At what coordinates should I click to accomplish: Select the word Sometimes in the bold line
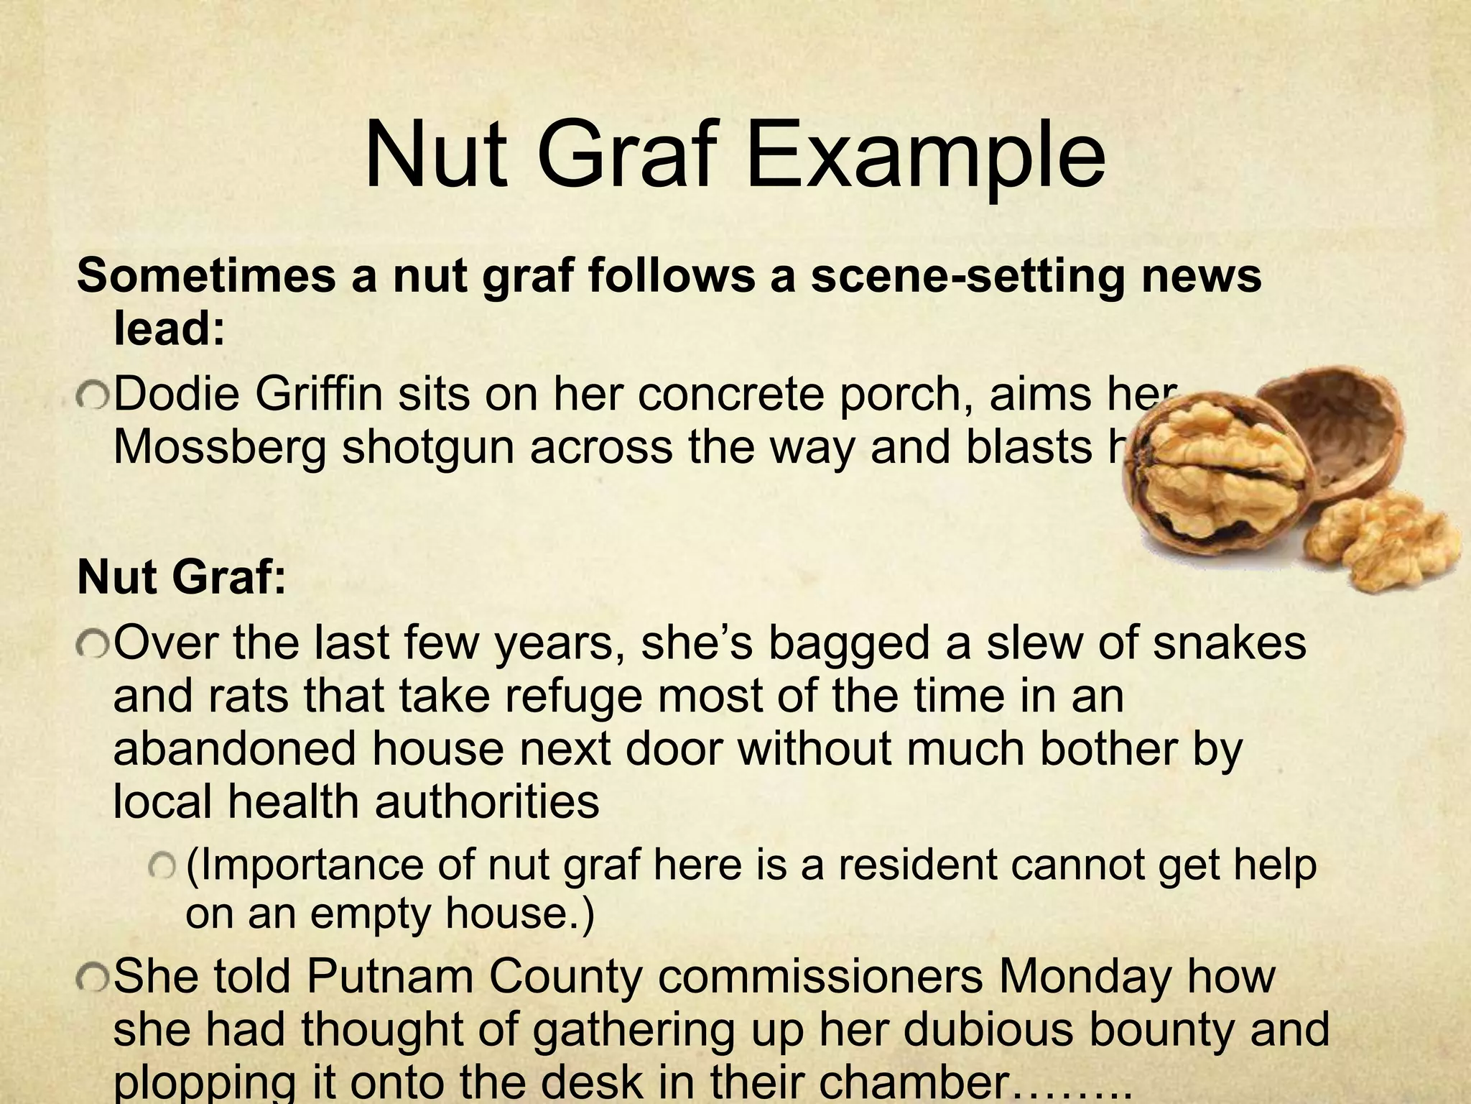(205, 276)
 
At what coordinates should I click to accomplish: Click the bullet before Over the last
(92, 644)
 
